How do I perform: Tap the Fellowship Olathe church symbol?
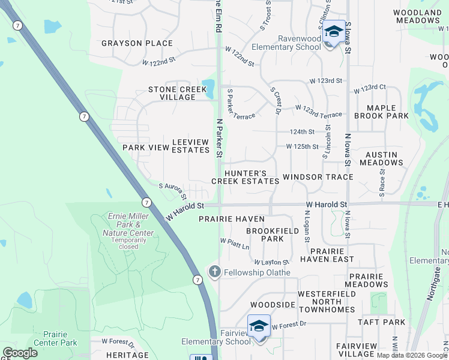(214, 272)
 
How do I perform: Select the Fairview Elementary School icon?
(259, 326)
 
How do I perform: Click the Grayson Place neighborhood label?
(137, 43)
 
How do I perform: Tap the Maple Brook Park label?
(381, 112)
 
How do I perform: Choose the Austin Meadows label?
(381, 158)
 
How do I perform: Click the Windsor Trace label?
(318, 177)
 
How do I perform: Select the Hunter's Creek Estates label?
(244, 177)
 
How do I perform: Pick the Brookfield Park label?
(265, 234)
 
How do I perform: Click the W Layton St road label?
(271, 262)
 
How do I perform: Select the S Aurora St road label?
(173, 190)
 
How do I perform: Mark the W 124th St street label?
(302, 132)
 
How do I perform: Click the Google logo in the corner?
(20, 353)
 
